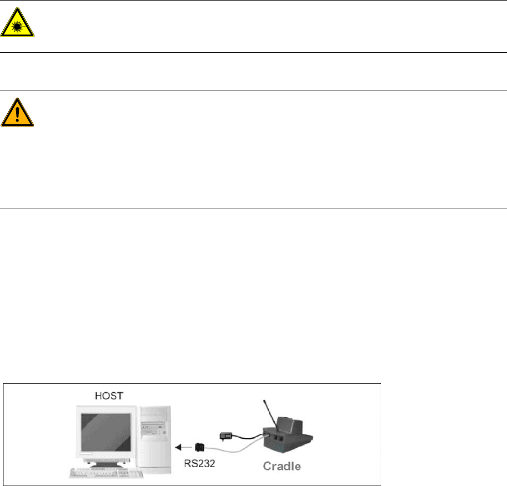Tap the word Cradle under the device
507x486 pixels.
(282, 466)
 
